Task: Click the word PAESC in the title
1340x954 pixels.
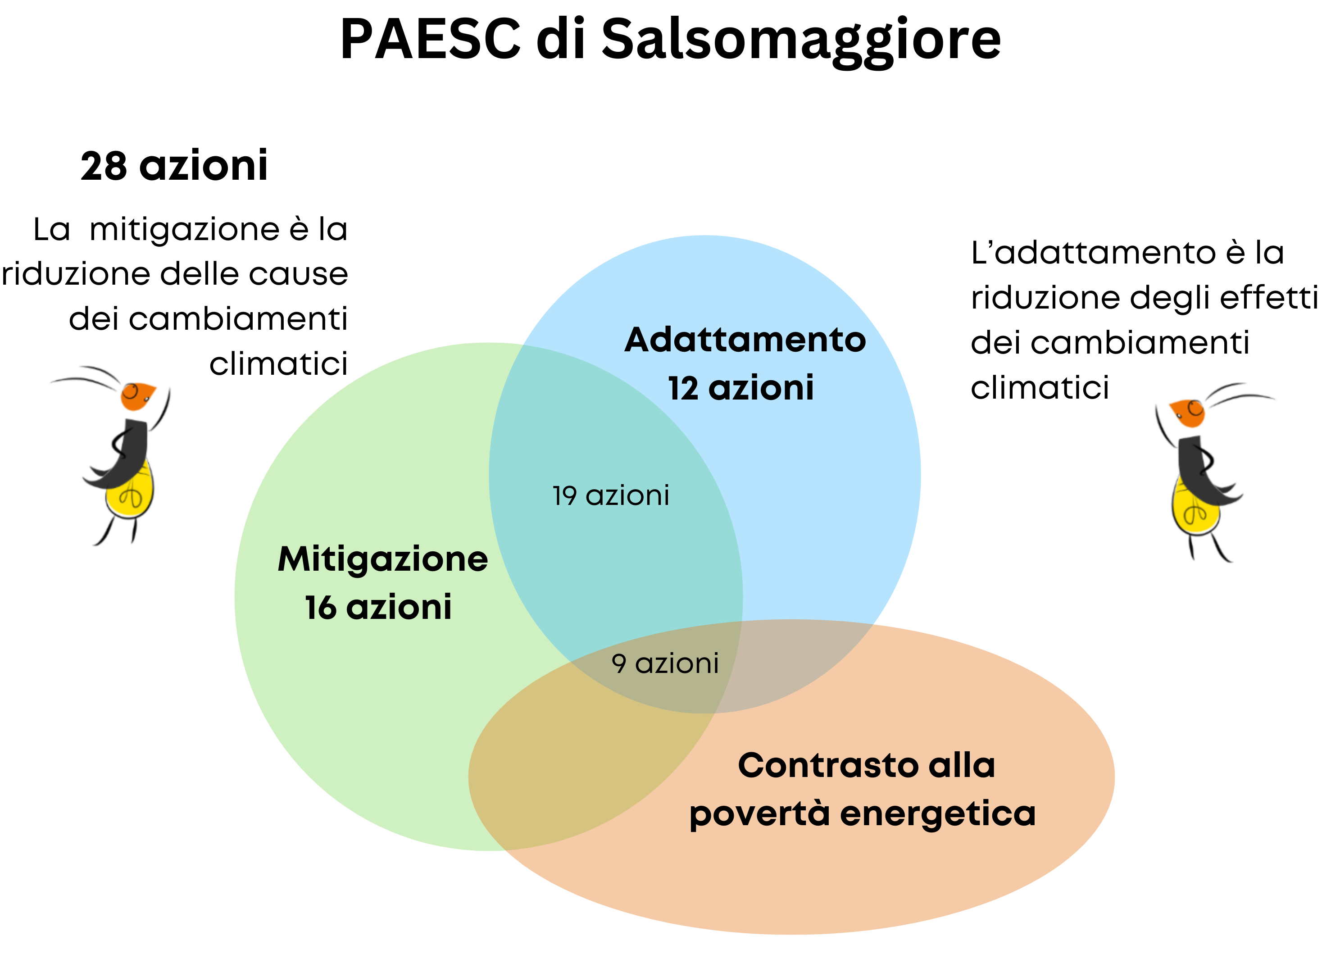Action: point(431,39)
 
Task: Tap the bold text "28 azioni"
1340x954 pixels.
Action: point(174,166)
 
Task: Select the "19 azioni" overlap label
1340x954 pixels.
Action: point(611,495)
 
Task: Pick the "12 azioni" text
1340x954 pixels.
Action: point(741,388)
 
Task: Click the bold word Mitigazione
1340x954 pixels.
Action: point(383,559)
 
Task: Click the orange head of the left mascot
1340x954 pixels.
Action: point(137,396)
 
